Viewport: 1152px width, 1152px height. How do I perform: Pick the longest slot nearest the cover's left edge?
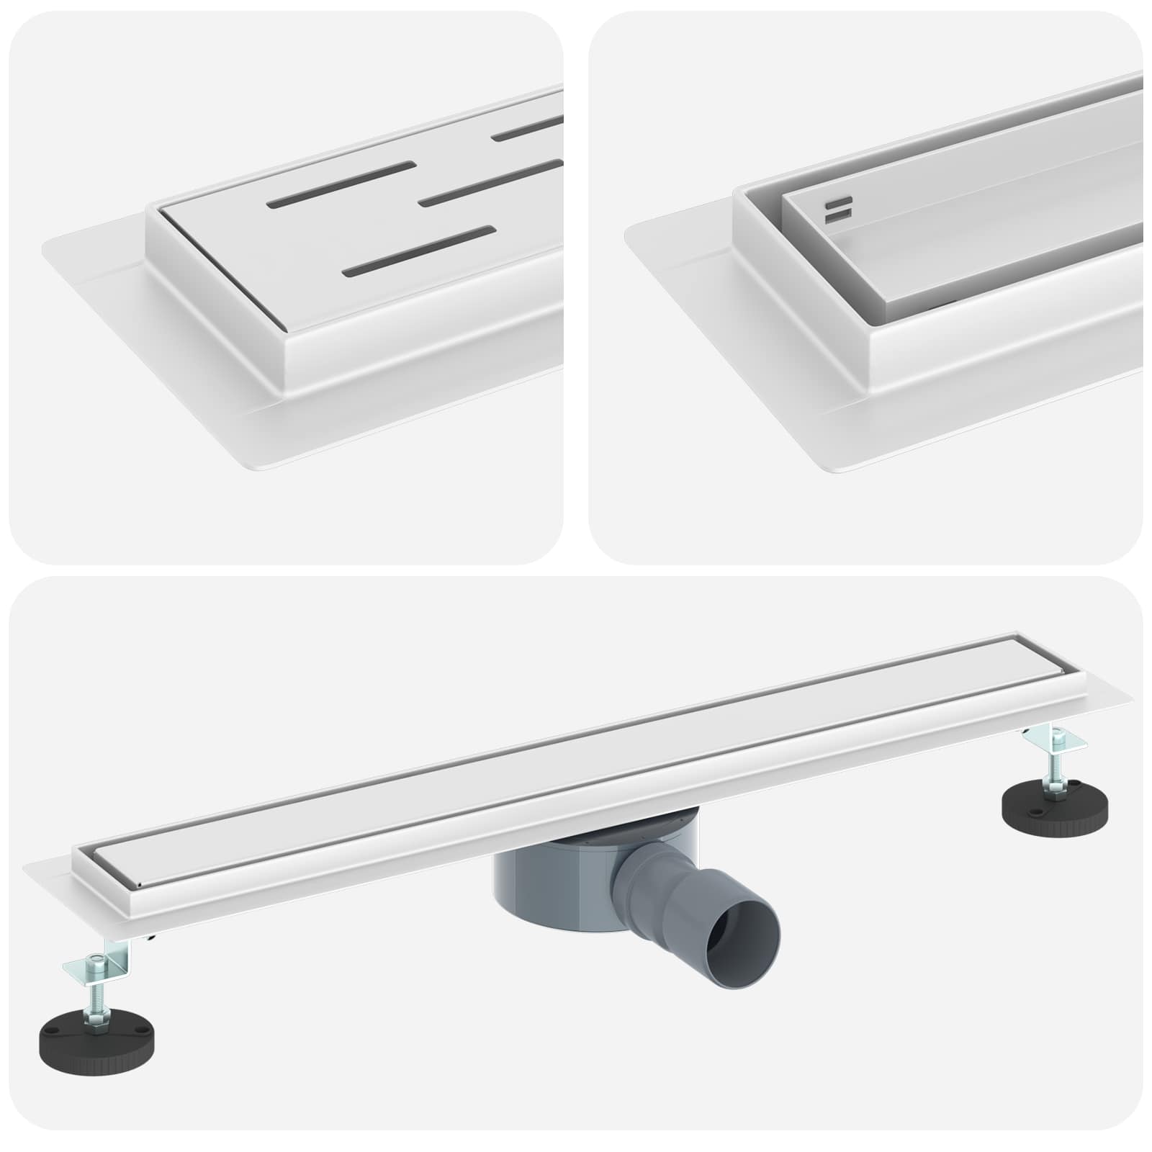[341, 184]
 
